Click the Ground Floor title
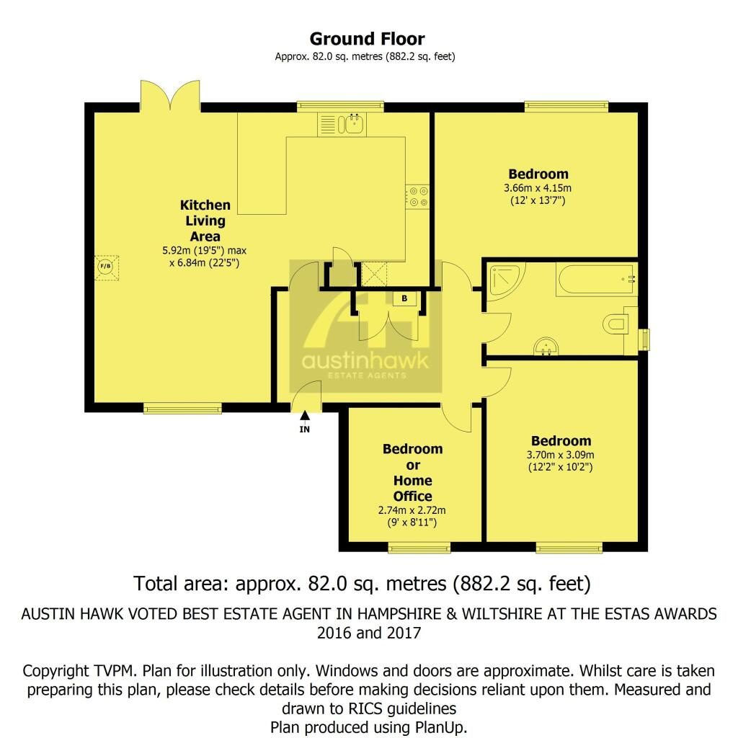coord(367,39)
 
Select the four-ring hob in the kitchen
coord(418,197)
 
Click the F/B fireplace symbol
coord(107,267)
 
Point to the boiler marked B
coord(405,298)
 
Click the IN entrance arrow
coord(305,416)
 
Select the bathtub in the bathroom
coord(596,280)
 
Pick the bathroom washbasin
coord(546,346)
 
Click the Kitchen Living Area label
coord(205,221)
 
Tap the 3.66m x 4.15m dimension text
coord(538,188)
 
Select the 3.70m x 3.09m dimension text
coord(560,455)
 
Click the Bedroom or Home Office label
coord(413,473)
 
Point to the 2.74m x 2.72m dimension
coord(412,510)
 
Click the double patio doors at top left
coord(170,96)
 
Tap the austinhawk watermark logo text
coord(365,361)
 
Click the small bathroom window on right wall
coord(644,339)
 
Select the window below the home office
coord(419,548)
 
